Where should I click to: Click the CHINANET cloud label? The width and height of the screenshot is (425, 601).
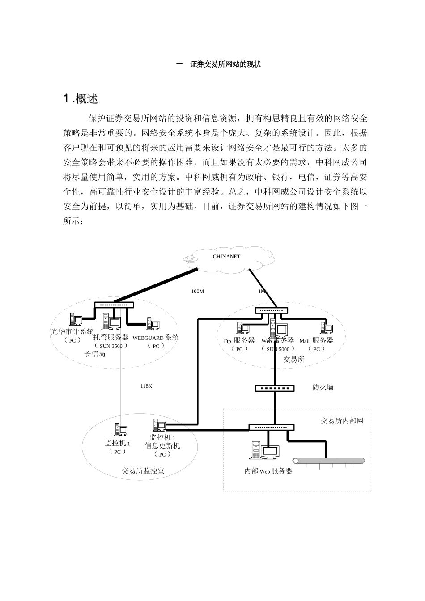tap(226, 257)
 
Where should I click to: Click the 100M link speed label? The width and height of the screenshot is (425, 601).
tap(197, 291)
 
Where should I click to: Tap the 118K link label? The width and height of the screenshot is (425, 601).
tap(146, 386)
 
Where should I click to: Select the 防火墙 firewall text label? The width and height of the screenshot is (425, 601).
tap(323, 388)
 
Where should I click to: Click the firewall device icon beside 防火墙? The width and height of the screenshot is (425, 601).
tap(275, 388)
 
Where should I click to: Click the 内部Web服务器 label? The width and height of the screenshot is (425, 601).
tap(268, 471)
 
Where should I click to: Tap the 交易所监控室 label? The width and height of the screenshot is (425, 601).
tap(143, 471)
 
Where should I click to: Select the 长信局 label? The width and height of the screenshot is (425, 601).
tap(95, 354)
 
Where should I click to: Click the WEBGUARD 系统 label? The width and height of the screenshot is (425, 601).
tap(156, 338)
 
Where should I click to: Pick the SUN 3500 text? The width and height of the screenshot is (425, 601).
tap(111, 346)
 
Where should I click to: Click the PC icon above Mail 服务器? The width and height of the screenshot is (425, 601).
tap(326, 328)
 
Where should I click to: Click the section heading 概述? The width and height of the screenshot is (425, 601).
tap(81, 99)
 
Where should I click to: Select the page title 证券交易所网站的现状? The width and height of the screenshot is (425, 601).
tap(225, 64)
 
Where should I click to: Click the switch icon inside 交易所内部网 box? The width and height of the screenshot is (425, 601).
tap(272, 427)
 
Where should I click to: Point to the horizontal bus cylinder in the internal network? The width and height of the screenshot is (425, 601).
tap(328, 461)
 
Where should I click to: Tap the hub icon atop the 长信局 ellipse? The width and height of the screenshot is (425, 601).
tap(114, 305)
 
